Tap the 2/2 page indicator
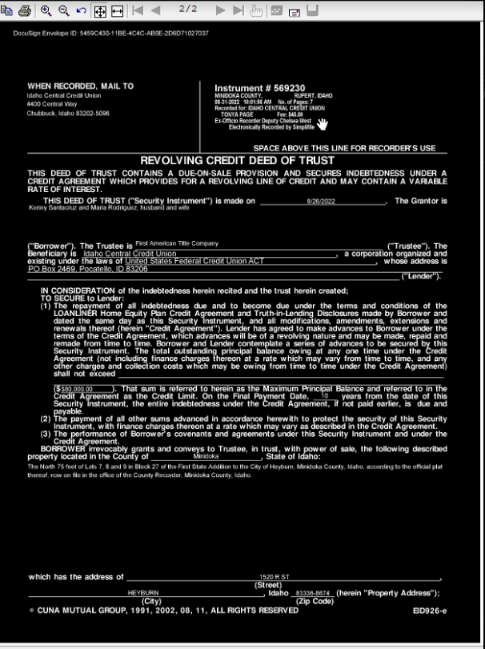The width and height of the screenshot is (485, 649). [188, 8]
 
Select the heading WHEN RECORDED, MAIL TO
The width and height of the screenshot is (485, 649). [81, 86]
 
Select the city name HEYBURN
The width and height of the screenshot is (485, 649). [144, 592]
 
